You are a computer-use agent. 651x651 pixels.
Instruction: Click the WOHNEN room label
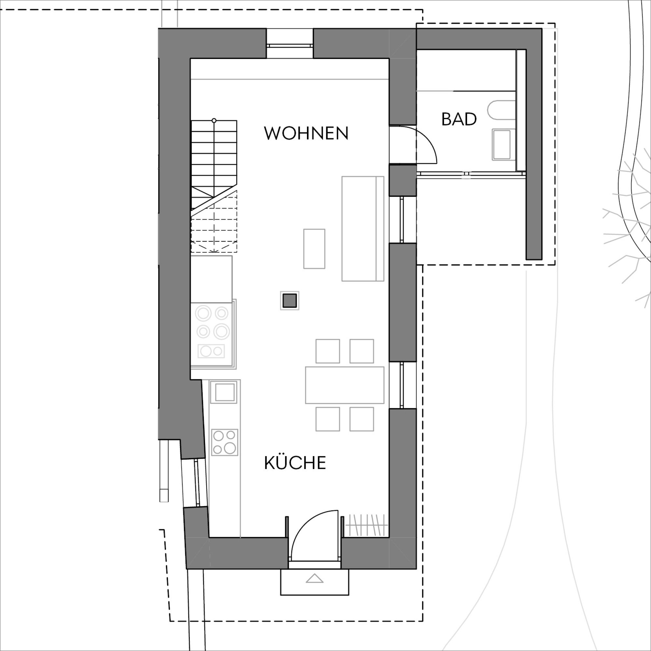306,133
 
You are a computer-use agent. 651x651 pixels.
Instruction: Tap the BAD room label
459,119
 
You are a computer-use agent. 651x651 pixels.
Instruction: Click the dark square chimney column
289,300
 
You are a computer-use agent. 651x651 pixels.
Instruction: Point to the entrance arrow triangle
315,578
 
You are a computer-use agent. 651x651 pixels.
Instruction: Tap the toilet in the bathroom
501,110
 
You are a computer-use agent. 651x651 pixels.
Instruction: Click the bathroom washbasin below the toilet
501,144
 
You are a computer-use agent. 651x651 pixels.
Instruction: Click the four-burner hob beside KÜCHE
225,442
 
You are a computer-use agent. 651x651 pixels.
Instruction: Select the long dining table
345,385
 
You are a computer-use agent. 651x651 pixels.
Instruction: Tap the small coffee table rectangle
314,249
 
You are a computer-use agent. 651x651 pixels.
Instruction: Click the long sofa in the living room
363,229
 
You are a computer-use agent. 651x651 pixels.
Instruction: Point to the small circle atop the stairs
214,120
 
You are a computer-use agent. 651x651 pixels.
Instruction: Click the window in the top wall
290,45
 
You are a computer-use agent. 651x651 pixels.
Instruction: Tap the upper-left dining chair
327,351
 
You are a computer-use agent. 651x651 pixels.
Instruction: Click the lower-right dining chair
362,419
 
